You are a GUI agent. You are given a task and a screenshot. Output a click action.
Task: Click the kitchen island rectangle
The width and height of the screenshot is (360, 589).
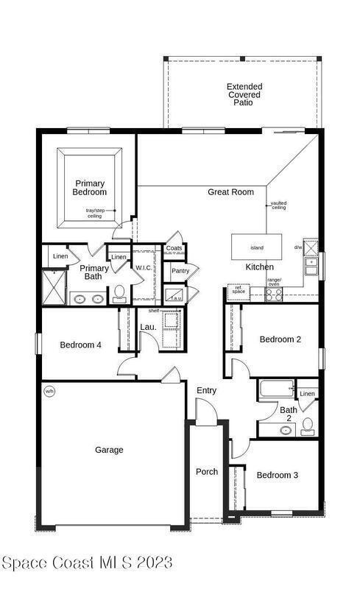(x=256, y=247)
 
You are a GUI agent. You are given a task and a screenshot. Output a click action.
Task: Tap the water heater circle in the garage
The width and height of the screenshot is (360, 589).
(x=49, y=391)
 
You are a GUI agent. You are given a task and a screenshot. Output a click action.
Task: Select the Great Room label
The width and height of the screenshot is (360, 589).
(x=230, y=192)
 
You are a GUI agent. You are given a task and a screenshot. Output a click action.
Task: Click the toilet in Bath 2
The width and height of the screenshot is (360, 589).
(x=308, y=427)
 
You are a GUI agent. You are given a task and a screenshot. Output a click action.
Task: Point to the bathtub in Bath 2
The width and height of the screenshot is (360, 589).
(x=277, y=389)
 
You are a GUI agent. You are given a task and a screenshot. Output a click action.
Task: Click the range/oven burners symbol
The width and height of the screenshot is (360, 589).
(x=274, y=295)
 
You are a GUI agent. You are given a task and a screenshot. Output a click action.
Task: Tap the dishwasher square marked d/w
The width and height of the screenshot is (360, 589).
(x=311, y=248)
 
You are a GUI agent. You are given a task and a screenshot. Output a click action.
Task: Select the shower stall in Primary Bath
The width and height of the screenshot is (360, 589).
(x=54, y=287)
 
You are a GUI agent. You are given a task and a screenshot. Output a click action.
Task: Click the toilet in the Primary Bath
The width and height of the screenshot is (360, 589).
(x=119, y=294)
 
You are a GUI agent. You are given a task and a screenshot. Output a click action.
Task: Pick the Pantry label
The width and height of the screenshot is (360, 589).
(x=180, y=271)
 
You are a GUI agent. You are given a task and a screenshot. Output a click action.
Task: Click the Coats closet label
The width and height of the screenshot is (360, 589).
(x=174, y=248)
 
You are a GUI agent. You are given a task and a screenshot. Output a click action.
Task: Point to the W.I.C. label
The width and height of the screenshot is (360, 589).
(x=144, y=268)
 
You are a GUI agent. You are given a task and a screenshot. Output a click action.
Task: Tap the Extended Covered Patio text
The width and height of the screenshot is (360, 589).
(x=244, y=95)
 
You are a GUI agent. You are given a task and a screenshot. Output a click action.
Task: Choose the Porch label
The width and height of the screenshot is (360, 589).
(x=207, y=472)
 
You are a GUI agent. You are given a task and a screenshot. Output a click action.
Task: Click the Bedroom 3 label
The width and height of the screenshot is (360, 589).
(x=278, y=475)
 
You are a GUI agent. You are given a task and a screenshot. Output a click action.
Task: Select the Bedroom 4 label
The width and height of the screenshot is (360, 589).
(x=80, y=345)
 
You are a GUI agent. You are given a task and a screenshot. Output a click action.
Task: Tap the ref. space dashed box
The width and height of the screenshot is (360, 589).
(x=239, y=292)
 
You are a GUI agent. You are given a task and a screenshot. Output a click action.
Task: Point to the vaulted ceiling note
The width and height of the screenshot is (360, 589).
(x=279, y=205)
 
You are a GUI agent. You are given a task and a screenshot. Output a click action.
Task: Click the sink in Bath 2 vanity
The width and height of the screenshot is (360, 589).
(x=286, y=430)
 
